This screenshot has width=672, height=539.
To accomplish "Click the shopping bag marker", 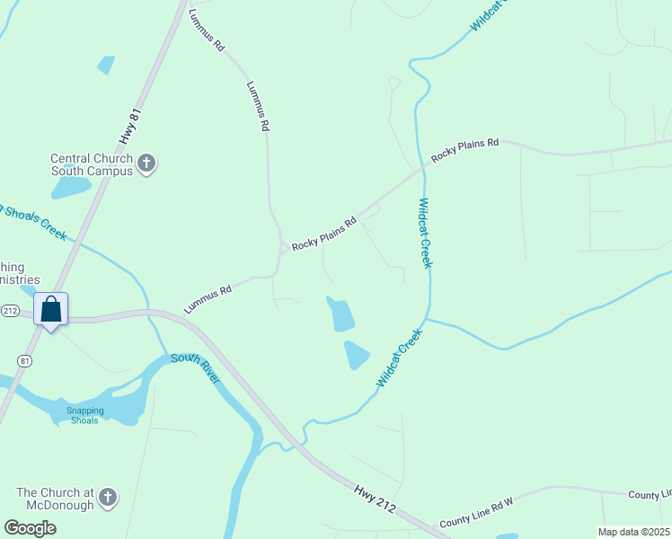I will (x=51, y=310).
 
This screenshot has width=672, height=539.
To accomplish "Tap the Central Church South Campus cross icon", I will (x=147, y=163).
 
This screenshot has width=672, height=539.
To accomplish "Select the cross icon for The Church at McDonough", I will (x=108, y=497).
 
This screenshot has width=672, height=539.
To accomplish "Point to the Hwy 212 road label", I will (x=376, y=496).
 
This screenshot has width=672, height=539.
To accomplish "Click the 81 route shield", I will (x=25, y=359).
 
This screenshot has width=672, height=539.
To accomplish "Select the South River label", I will (x=196, y=367).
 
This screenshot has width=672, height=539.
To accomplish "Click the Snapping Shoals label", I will (x=85, y=415).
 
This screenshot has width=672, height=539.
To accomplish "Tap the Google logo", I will (x=30, y=527).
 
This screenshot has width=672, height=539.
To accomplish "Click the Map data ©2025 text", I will (x=632, y=532).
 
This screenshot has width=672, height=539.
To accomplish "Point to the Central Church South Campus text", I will (x=92, y=164).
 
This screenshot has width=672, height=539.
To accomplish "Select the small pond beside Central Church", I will (x=71, y=187).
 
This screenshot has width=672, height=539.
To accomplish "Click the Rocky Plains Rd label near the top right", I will (x=464, y=150).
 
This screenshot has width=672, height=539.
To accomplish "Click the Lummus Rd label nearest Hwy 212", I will (x=208, y=299).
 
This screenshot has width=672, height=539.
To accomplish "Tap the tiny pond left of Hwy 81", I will (x=106, y=65).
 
